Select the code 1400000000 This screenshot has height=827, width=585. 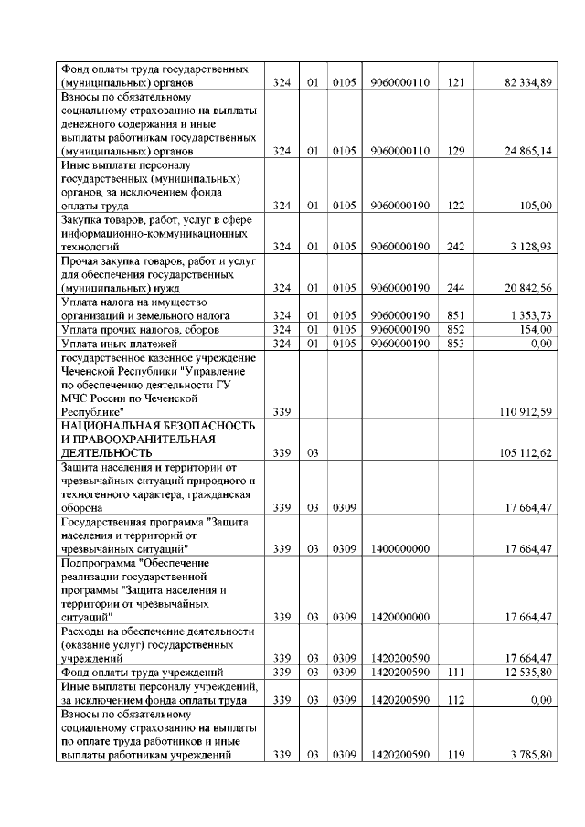[400, 548]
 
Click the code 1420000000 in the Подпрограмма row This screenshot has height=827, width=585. [400, 618]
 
